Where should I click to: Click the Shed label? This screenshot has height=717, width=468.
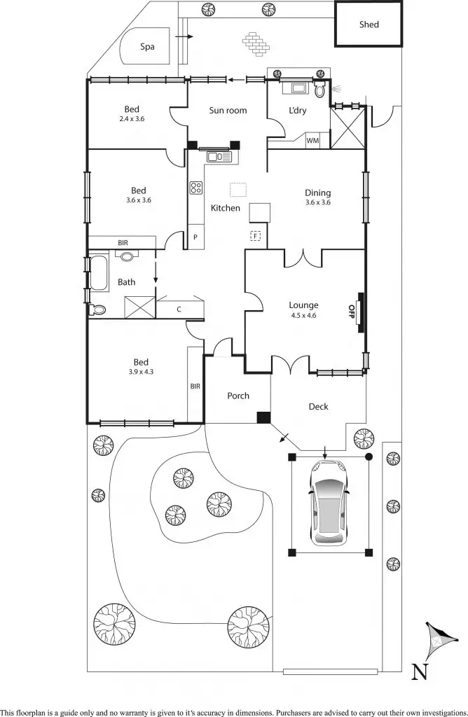click(x=369, y=25)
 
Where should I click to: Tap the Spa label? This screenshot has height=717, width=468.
click(x=147, y=47)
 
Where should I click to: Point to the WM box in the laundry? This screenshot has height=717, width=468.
click(x=312, y=141)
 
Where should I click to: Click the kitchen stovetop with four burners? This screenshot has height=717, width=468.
click(x=196, y=188)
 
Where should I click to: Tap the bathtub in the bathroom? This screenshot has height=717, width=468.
click(x=98, y=272)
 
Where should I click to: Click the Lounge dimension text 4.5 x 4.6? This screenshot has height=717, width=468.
click(x=303, y=315)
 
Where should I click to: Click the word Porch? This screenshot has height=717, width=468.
click(x=238, y=396)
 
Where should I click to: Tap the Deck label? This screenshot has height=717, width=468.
click(x=318, y=406)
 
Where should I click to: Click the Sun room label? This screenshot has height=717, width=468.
click(x=228, y=110)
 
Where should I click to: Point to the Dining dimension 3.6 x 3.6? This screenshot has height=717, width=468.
click(x=317, y=202)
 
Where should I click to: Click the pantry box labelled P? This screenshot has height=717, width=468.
click(x=195, y=237)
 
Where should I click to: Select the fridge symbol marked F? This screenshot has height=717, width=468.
click(x=256, y=236)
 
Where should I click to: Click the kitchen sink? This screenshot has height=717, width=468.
click(x=219, y=157)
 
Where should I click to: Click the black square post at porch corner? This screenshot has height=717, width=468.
click(x=263, y=417)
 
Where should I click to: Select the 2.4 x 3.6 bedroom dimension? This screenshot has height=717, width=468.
click(x=132, y=119)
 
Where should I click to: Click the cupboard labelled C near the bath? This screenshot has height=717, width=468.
click(x=179, y=309)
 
